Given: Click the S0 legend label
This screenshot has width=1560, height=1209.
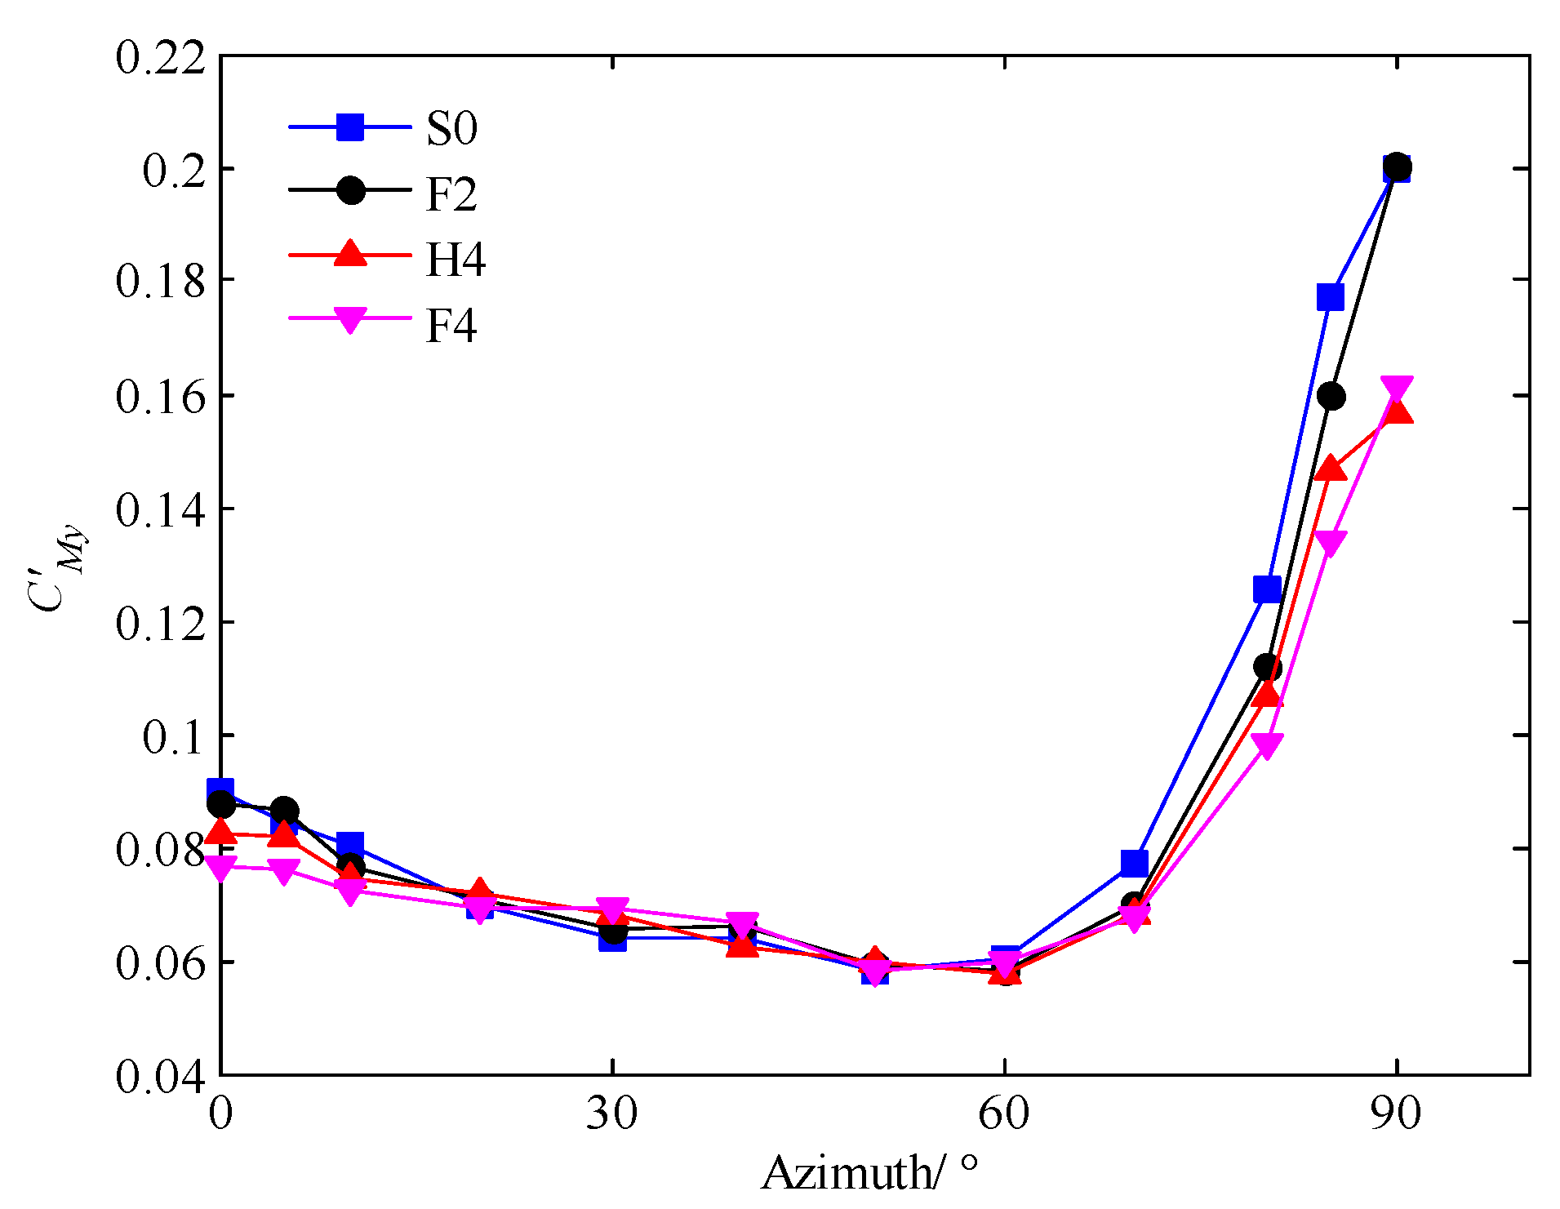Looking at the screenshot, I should [451, 129].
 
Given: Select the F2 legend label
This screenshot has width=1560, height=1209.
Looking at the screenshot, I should [451, 194].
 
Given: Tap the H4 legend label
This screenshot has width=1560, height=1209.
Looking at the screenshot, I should [456, 260].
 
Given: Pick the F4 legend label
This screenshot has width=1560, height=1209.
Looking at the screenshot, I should [451, 326].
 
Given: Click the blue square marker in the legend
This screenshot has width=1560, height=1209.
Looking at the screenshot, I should [350, 127].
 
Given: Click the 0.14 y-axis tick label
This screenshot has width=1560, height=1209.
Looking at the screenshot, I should [160, 510].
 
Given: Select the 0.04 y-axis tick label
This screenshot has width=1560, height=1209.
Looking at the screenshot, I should [160, 1076].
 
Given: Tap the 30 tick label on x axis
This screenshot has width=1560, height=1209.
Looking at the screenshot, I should [611, 1113].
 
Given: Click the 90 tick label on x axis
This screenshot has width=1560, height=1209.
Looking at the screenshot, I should [1396, 1113].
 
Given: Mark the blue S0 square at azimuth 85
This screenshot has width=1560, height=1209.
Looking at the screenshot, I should [1330, 297].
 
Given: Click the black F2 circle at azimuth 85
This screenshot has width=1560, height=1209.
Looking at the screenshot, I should [1331, 397].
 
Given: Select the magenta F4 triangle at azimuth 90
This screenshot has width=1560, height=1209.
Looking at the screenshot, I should [1397, 388].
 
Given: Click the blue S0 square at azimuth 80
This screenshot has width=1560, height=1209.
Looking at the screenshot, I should [1267, 589].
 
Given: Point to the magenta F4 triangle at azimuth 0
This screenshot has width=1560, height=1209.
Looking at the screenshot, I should [221, 868].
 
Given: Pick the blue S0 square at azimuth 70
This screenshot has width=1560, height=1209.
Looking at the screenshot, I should [1135, 862].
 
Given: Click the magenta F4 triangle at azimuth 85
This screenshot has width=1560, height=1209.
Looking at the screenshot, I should [1331, 543].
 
